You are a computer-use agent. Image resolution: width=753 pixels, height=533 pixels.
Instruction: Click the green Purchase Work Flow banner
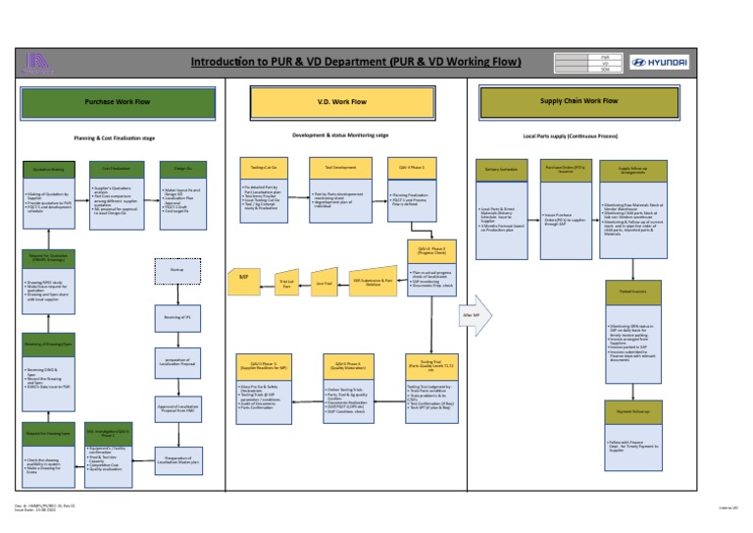tap(118, 101)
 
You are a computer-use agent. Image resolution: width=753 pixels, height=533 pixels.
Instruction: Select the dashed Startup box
tap(176, 268)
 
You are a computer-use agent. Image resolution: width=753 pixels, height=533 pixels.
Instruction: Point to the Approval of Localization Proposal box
tap(176, 409)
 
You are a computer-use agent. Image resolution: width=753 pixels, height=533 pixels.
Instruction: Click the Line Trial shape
tap(321, 283)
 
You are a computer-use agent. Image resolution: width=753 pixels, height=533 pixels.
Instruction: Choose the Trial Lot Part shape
tap(287, 283)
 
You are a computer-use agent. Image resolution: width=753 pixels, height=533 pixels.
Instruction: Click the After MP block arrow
tap(476, 314)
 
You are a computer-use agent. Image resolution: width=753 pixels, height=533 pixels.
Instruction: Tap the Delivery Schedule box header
tap(500, 169)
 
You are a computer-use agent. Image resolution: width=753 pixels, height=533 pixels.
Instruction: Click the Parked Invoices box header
tap(632, 292)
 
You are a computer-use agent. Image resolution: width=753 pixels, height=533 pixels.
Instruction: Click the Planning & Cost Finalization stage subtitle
tap(115, 138)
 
